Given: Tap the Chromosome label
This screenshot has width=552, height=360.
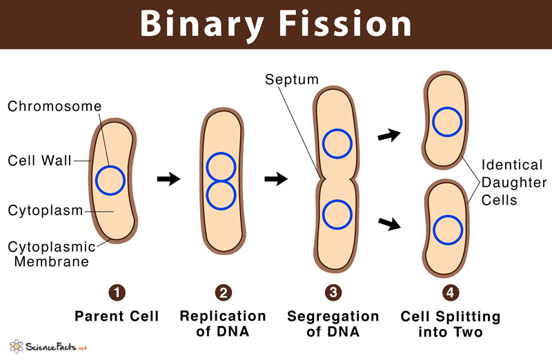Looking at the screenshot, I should tap(54, 106).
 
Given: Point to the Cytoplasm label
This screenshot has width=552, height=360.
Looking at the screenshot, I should tap(45, 210).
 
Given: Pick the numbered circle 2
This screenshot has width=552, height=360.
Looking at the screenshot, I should tap(222, 293).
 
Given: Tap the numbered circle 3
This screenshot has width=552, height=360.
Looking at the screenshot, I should tap(333, 293).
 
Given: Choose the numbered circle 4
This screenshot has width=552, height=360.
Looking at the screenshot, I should tap(450, 293).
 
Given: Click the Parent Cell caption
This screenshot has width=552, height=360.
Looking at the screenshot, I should tap(117, 317).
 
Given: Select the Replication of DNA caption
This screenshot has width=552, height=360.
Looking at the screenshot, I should tap(222, 324).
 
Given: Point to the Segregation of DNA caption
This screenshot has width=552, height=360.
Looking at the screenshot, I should tap(333, 324).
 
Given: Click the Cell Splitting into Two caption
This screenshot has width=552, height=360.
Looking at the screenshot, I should tap(450, 324).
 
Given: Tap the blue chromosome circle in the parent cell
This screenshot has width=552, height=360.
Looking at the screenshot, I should tap(110, 181).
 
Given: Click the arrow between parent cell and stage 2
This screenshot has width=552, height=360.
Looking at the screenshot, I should tap(168, 179).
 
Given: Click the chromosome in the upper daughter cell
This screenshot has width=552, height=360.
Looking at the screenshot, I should tap(446, 121).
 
